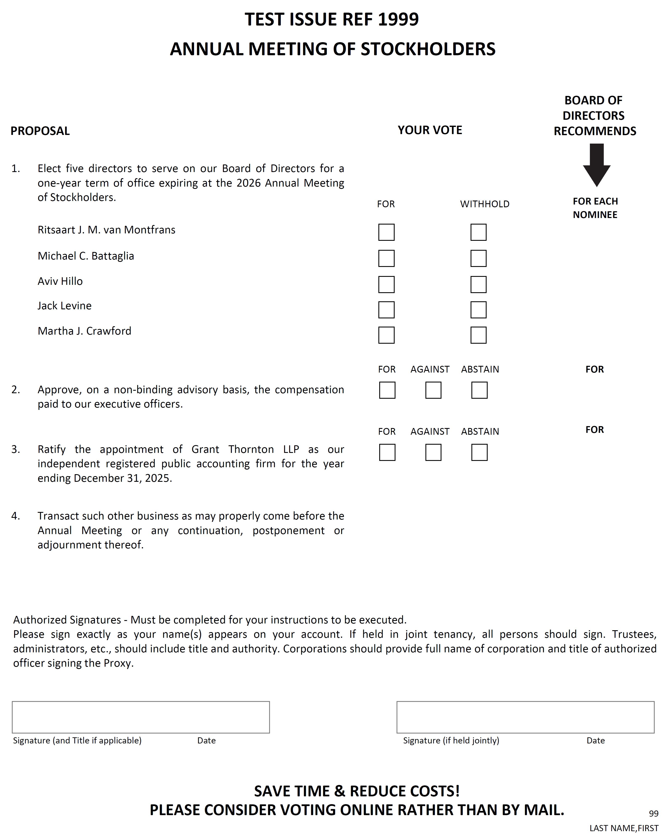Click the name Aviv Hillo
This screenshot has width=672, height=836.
coord(60,281)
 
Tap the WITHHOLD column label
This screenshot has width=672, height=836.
coord(485,204)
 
